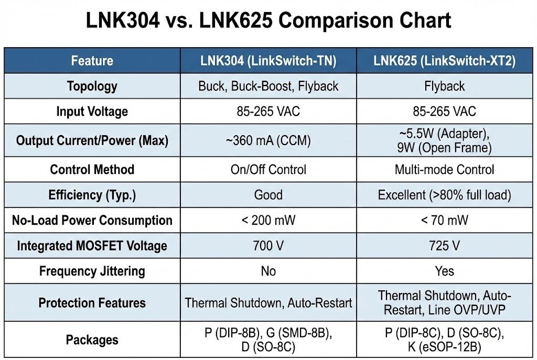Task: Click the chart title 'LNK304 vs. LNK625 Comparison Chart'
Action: point(268,21)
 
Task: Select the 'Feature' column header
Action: point(92,61)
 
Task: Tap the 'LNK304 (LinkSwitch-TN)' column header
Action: point(268,61)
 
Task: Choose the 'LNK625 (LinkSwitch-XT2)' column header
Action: point(444,61)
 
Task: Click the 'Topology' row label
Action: point(92,86)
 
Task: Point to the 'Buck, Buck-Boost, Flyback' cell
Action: point(268,86)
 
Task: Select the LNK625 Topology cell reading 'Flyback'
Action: point(444,86)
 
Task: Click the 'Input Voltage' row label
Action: point(92,112)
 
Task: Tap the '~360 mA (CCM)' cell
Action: point(268,140)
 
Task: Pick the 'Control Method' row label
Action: point(92,170)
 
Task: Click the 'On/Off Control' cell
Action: point(268,170)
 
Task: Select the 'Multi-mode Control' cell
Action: point(444,170)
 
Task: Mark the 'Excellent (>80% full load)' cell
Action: point(444,195)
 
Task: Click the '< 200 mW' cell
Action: point(268,221)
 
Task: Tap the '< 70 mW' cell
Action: point(444,221)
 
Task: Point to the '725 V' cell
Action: point(444,246)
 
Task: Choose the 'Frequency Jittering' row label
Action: point(92,271)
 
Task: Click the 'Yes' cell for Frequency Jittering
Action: point(444,271)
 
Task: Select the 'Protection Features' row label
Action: point(92,303)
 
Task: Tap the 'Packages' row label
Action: point(92,340)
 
